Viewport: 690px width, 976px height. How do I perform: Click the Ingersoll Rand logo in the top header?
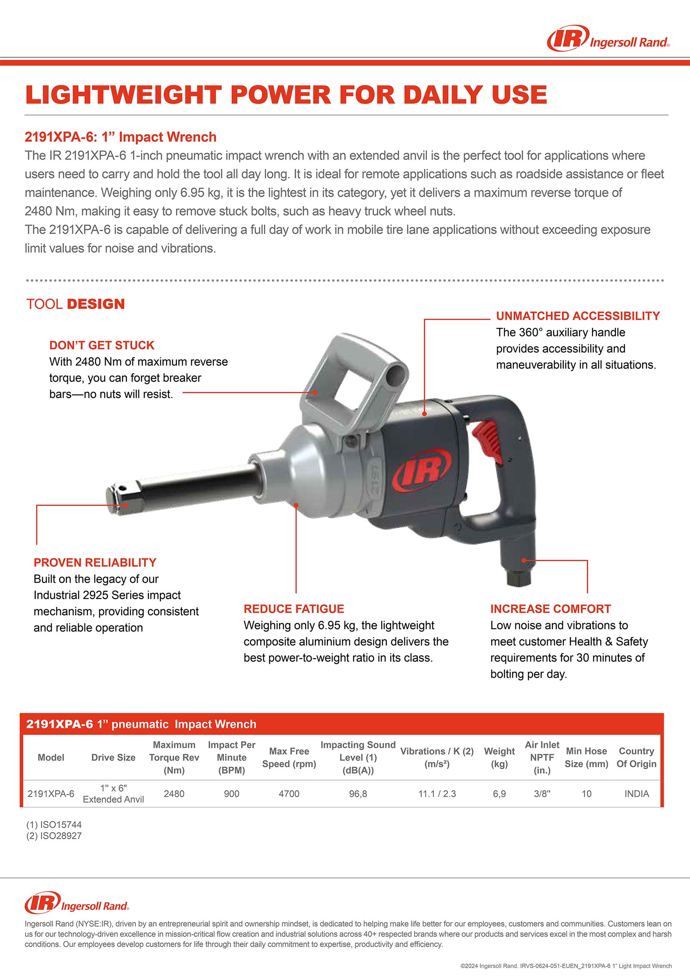(x=608, y=39)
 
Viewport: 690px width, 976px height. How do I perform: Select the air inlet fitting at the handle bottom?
(x=517, y=578)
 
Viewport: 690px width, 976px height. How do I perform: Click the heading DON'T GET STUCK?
(x=101, y=345)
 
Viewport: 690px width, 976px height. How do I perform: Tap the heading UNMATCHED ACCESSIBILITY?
(x=578, y=316)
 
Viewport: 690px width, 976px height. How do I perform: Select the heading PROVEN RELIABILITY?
(x=95, y=563)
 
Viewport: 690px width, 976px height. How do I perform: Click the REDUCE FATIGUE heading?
(x=294, y=609)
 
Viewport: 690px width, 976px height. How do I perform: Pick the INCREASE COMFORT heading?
(x=550, y=609)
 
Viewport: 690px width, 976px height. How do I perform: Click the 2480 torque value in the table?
(x=174, y=794)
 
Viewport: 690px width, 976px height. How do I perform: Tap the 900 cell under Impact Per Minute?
(x=232, y=794)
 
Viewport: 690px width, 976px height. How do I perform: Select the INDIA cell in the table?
(x=637, y=794)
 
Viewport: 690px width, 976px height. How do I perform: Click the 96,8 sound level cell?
(x=358, y=794)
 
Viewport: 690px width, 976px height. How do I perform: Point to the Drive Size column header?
(x=113, y=757)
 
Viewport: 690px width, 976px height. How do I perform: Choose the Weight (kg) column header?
(x=499, y=757)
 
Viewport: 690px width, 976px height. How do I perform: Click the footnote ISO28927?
(x=54, y=836)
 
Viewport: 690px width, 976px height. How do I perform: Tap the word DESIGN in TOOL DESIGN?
(x=96, y=304)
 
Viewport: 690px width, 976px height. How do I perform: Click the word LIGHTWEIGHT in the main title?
(x=123, y=95)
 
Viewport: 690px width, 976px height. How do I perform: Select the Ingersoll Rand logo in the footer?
(x=77, y=903)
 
